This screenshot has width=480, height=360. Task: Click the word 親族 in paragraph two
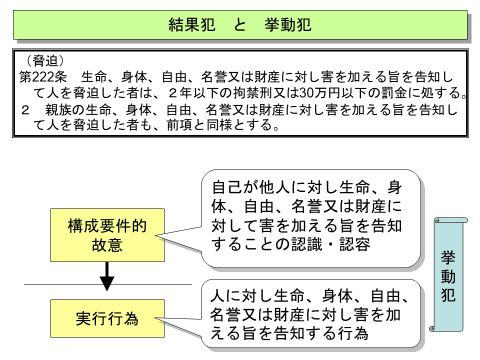[x=55, y=109]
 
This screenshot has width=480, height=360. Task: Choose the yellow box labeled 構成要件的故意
[x=107, y=235]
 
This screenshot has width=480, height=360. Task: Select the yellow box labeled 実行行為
[x=107, y=318]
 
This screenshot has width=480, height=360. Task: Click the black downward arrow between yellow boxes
[x=107, y=277]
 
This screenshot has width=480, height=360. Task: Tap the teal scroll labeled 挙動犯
[x=448, y=275]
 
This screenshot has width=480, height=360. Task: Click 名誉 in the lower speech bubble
[x=227, y=314]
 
